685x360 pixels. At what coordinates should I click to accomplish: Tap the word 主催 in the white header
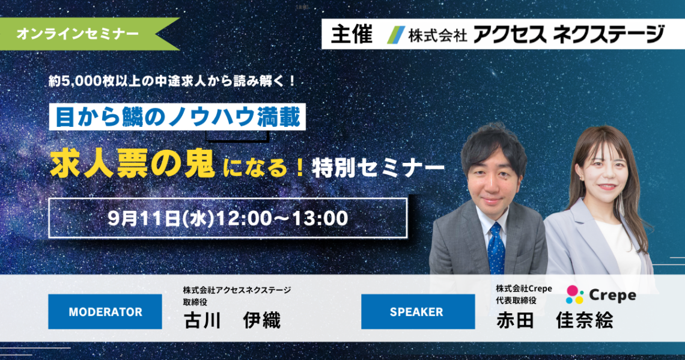point(352,34)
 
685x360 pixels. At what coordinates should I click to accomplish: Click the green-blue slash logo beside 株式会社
point(396,35)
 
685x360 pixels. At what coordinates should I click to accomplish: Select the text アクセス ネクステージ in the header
point(568,34)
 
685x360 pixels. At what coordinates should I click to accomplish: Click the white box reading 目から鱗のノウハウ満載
point(177,117)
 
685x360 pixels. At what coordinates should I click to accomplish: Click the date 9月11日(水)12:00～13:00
point(228,218)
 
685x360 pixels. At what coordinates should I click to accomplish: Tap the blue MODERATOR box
point(105,311)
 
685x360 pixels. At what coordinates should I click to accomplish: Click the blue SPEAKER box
point(418,311)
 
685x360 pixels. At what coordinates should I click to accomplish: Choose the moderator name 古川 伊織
point(232,320)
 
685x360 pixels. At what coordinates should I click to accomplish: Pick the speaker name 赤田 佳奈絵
point(555,320)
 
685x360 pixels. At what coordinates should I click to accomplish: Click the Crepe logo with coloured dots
point(601,295)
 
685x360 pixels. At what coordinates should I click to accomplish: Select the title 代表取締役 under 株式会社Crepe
point(516,301)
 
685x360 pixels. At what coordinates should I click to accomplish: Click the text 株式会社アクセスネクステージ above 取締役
point(237,290)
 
